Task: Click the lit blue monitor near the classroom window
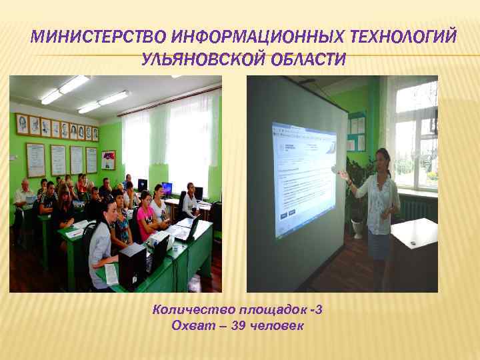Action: [166, 188]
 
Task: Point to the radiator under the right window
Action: [420, 209]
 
